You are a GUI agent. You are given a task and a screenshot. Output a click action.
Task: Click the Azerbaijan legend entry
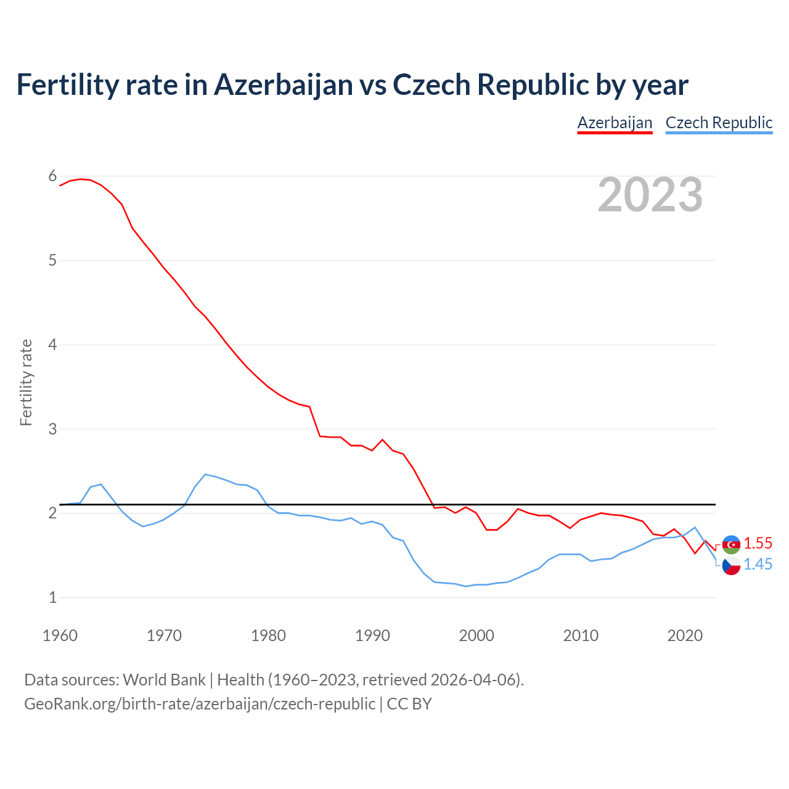(615, 123)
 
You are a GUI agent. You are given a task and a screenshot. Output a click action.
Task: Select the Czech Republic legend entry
(719, 123)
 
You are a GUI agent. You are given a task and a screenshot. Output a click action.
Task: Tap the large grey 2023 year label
(650, 195)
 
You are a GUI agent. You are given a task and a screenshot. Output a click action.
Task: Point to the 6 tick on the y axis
(52, 176)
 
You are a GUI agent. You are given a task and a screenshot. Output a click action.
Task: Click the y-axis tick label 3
(52, 428)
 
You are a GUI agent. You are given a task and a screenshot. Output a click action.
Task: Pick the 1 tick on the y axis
(52, 597)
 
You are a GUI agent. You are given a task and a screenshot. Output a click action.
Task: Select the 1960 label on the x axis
(60, 636)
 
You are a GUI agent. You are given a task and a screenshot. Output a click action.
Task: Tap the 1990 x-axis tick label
(372, 636)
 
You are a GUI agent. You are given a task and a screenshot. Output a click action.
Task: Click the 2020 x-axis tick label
(685, 636)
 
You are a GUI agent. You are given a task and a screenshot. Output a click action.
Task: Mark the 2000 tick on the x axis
(476, 636)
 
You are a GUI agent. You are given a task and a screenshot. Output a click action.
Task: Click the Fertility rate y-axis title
(26, 382)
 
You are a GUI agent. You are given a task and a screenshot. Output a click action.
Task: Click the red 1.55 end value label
(758, 543)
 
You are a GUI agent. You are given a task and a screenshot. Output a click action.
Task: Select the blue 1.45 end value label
(758, 564)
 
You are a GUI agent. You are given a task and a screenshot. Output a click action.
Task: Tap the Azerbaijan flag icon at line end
(731, 544)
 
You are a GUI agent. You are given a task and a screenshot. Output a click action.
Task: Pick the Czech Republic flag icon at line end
(731, 565)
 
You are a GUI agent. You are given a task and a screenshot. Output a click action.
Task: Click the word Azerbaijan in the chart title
(283, 84)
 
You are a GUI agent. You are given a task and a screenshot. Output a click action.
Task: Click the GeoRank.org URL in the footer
(199, 703)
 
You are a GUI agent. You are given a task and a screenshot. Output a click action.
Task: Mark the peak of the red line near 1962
(80, 179)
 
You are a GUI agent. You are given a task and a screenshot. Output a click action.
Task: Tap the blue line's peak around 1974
(205, 474)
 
